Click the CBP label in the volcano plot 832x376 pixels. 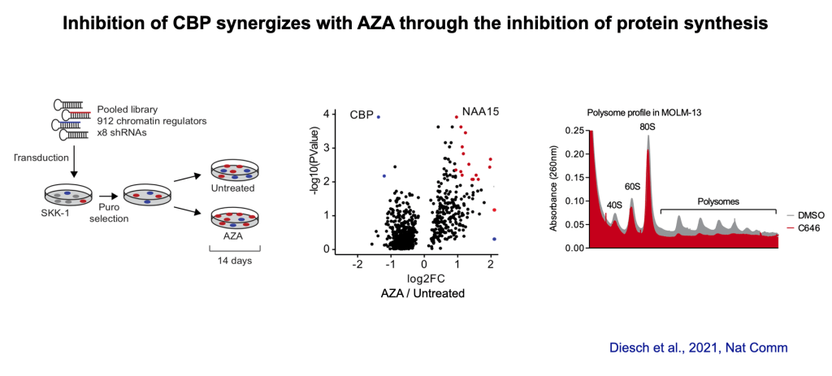(x=362, y=115)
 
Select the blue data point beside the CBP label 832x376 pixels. (x=379, y=117)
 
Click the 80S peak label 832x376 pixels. (x=648, y=127)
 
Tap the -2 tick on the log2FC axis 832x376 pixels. (x=357, y=265)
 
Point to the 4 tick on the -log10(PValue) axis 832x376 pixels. (x=326, y=115)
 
